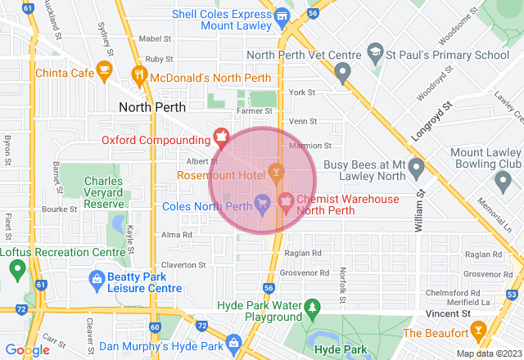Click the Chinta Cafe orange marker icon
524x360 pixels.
click(104, 70)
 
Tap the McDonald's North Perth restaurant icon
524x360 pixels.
click(140, 75)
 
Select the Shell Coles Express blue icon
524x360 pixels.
click(282, 16)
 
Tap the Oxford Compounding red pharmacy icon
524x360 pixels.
click(219, 136)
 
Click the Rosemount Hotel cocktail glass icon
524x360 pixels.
click(275, 172)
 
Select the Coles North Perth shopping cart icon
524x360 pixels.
click(262, 201)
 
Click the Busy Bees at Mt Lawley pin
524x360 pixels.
click(416, 169)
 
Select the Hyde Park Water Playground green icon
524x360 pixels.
click(311, 308)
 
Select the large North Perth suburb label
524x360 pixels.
click(152, 107)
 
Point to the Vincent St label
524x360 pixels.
click(449, 313)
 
